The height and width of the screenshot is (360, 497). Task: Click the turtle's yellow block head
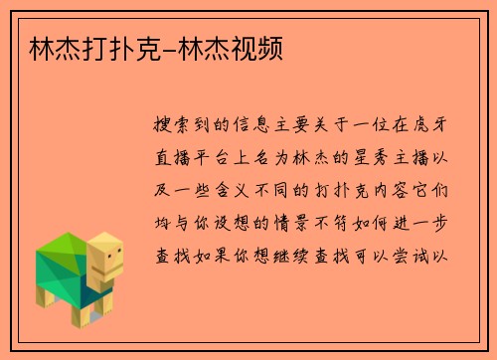(x=107, y=256)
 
